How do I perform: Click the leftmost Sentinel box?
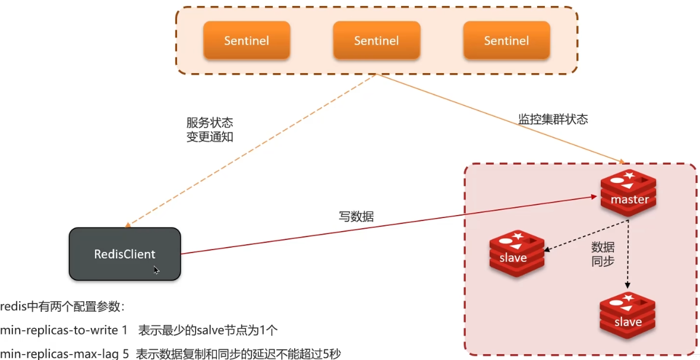pyautogui.click(x=246, y=40)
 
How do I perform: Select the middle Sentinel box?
pyautogui.click(x=376, y=40)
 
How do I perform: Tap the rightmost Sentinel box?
pyautogui.click(x=506, y=40)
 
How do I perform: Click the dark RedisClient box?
pyautogui.click(x=125, y=254)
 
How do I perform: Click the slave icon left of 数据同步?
pyautogui.click(x=516, y=254)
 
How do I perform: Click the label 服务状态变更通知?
pyautogui.click(x=209, y=130)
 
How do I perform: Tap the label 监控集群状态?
pyautogui.click(x=553, y=119)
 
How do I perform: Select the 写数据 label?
pyautogui.click(x=356, y=217)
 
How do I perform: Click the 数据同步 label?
pyautogui.click(x=602, y=254)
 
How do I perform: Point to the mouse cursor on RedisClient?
pyautogui.click(x=156, y=270)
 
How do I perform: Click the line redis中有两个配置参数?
pyautogui.click(x=62, y=307)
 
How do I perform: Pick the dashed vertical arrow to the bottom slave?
pyautogui.click(x=627, y=255)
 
